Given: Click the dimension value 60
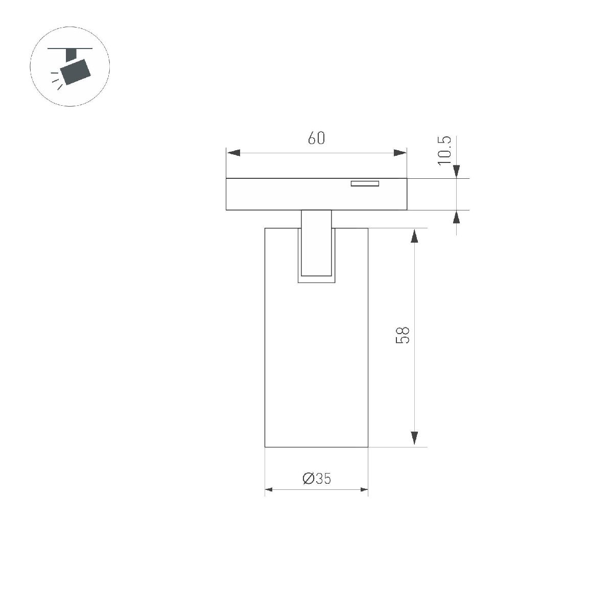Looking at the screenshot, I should pos(316,138).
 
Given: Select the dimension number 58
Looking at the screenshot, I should pos(403,335).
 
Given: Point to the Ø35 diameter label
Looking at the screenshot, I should pos(317,479).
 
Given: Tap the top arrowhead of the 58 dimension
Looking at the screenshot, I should pos(415,235).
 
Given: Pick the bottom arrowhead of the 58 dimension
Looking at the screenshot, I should pos(415,439).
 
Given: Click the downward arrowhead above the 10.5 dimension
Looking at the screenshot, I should pos(456,172).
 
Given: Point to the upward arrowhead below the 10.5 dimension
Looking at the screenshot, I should pos(456,217).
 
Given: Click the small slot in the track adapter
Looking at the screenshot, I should pos(364,183).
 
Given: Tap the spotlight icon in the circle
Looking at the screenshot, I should pos(70,66).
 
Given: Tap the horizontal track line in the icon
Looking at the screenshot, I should pos(70,49).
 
